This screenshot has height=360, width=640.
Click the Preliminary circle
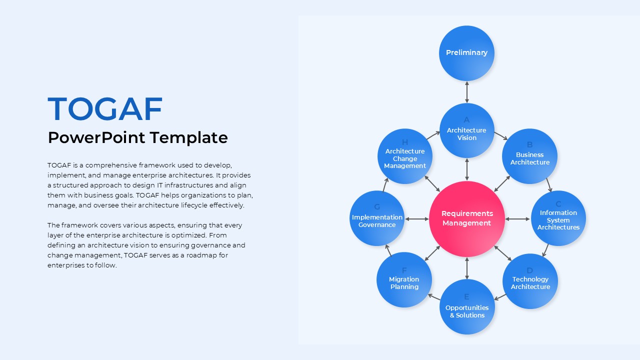click(x=466, y=53)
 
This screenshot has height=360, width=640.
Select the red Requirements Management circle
click(x=467, y=219)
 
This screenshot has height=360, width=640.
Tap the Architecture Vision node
click(x=467, y=130)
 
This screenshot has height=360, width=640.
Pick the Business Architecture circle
click(x=529, y=156)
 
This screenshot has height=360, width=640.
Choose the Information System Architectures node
click(x=558, y=218)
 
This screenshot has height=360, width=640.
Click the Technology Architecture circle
click(x=530, y=281)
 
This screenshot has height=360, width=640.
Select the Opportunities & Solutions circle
click(x=467, y=306)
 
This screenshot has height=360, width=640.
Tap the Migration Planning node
click(x=404, y=279)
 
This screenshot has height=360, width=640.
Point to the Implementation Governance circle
click(x=377, y=218)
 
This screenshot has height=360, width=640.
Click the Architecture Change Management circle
click(x=405, y=156)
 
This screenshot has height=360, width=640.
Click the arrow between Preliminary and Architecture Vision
click(x=467, y=92)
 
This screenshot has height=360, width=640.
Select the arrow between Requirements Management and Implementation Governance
click(x=417, y=219)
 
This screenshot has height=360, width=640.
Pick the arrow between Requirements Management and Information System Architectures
click(x=517, y=219)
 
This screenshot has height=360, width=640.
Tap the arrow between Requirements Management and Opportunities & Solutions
click(x=467, y=268)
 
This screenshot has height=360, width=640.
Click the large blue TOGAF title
click(x=105, y=109)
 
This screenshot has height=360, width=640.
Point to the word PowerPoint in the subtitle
click(x=96, y=137)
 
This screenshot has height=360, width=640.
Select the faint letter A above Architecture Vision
click(x=466, y=119)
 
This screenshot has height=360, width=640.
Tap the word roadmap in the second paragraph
click(x=201, y=255)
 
